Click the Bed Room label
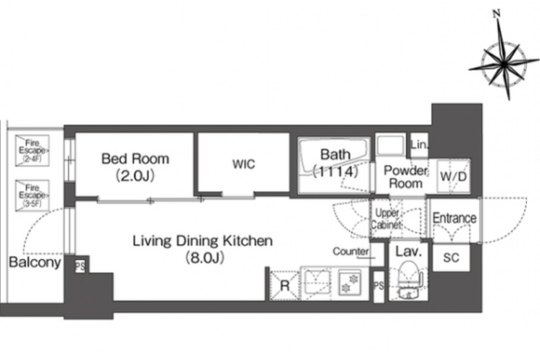coord(135,159)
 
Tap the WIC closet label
coord(243,164)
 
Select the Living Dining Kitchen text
coord(202,241)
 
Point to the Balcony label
coord(35,262)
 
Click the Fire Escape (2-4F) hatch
coord(32,151)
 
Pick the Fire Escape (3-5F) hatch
coord(32,195)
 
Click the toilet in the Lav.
coord(409,279)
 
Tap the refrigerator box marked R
coord(284,286)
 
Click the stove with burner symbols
coord(350,282)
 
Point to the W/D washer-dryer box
coord(454,176)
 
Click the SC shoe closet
coord(451,258)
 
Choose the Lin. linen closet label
coord(419,145)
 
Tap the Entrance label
coord(454,218)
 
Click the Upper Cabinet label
coord(387,219)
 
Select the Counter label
coord(350,252)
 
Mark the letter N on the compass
coord(496,14)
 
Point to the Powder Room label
coord(405,177)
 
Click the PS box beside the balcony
coord(80,266)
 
